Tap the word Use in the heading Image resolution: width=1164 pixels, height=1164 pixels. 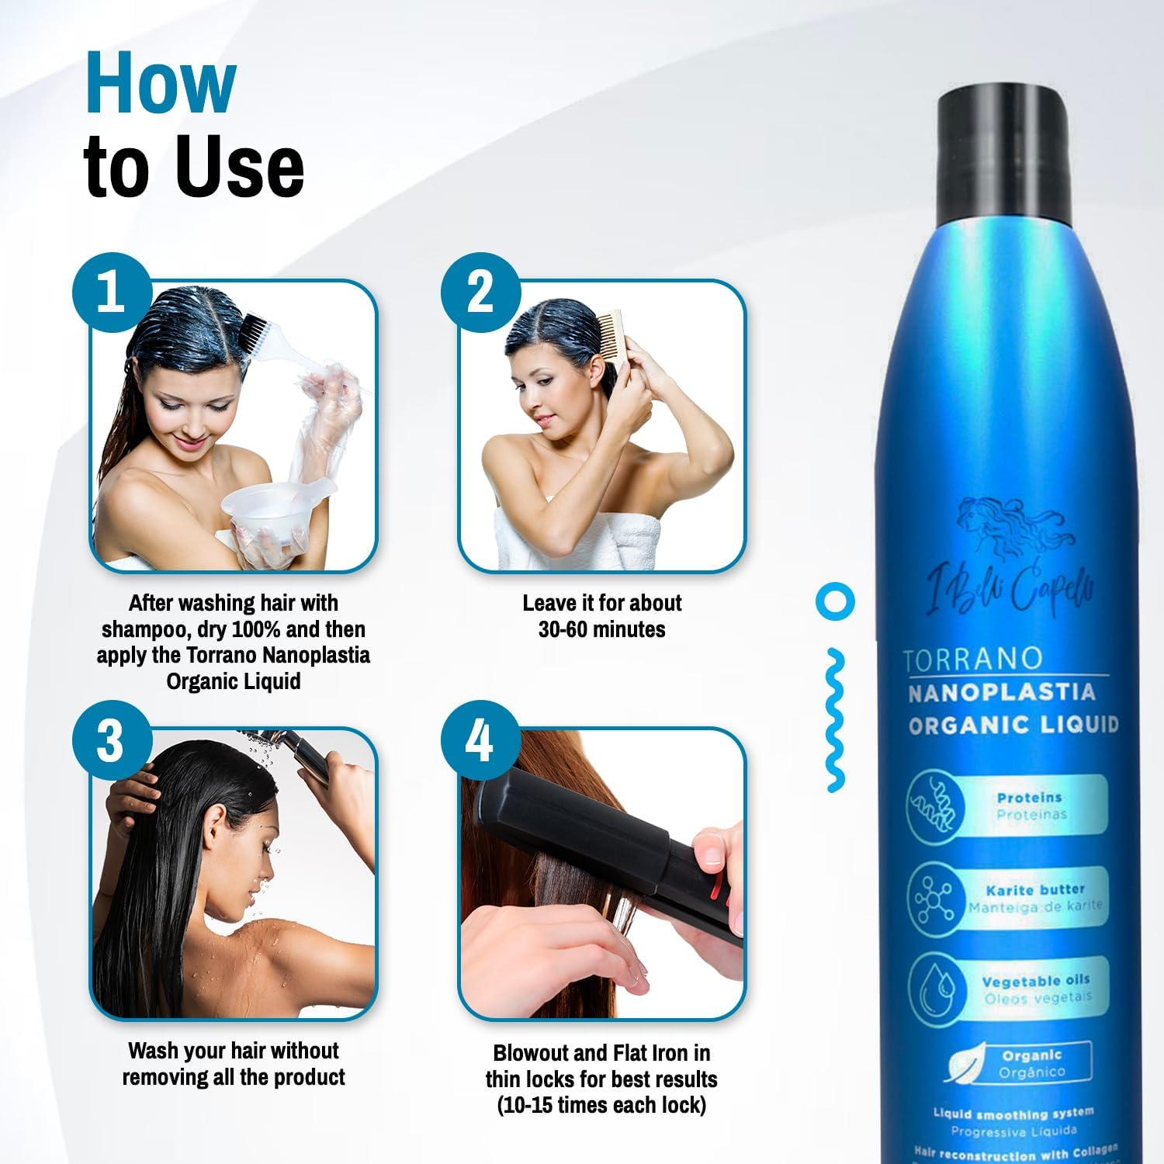239,167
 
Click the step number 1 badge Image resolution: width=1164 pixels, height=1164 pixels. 112,293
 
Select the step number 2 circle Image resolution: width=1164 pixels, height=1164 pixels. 480,293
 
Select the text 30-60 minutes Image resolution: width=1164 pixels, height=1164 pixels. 601,629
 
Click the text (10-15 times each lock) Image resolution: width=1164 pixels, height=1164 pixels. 601,1105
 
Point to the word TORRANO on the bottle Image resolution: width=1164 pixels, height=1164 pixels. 973,659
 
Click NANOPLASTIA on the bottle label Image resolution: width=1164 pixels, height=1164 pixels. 1001,692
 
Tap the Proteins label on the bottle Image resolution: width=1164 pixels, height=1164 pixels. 1029,798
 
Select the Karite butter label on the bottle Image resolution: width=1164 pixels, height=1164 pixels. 1035,890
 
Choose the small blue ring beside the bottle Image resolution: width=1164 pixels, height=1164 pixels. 835,601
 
